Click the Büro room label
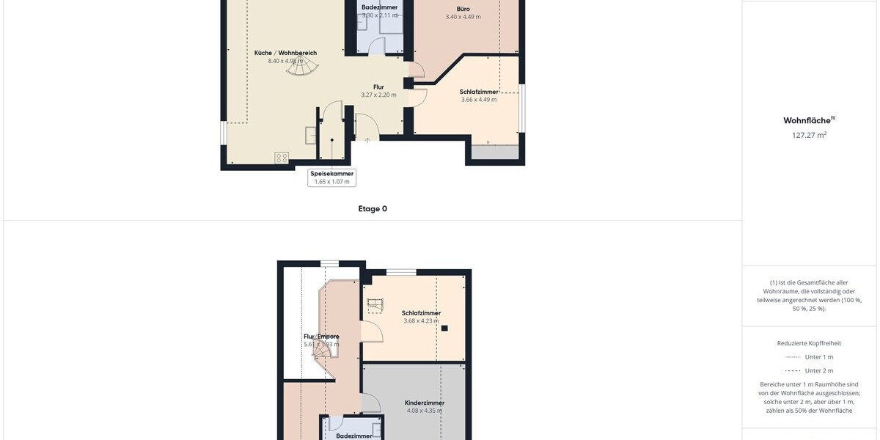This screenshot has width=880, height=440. click(463, 9)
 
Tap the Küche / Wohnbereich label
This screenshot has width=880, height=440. click(285, 53)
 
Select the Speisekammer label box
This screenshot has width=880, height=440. click(331, 177)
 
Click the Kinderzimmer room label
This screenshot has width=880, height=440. click(425, 403)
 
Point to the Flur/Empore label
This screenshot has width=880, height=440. click(321, 337)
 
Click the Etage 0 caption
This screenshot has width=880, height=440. click(373, 209)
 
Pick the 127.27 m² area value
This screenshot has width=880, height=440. click(810, 135)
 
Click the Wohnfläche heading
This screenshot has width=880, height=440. click(809, 120)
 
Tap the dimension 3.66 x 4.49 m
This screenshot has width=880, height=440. click(478, 100)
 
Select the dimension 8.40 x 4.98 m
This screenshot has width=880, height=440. click(285, 61)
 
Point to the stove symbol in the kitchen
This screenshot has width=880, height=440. click(282, 158)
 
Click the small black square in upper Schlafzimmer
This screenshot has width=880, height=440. click(444, 329)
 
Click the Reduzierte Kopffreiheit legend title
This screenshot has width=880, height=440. click(809, 342)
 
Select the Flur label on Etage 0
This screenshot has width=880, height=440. click(378, 87)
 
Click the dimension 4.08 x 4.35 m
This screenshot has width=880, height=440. click(425, 411)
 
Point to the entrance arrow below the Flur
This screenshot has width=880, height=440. click(367, 139)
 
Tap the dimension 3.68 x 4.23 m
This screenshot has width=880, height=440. click(421, 320)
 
